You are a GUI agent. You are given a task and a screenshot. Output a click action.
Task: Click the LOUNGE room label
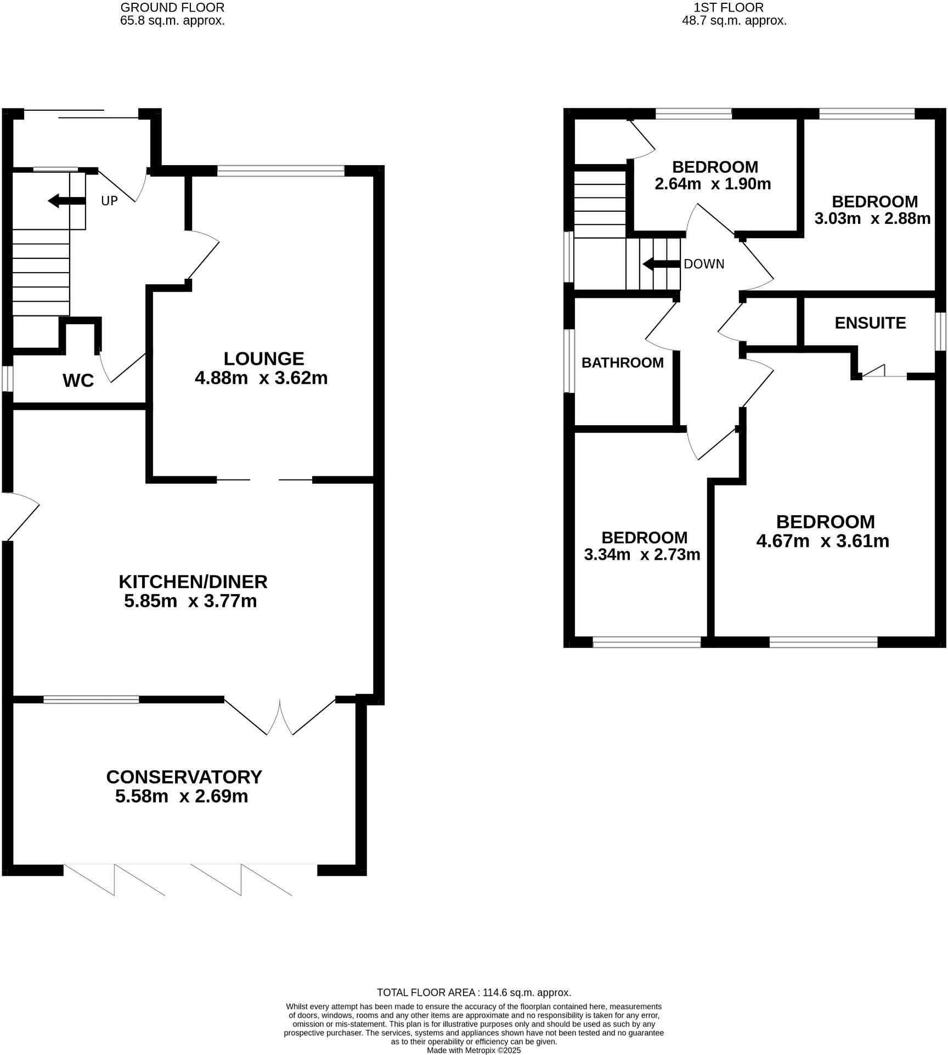click(263, 359)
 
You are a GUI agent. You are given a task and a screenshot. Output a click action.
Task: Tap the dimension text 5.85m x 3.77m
click(190, 601)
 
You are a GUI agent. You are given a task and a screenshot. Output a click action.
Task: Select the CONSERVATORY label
click(184, 777)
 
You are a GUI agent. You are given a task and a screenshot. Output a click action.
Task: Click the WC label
click(78, 381)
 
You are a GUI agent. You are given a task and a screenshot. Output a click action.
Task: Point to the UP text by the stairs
click(109, 201)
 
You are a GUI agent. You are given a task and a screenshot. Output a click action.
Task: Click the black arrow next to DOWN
click(661, 264)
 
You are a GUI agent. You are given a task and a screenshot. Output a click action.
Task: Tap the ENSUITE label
click(870, 323)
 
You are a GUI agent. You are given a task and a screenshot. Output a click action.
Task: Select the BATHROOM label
click(622, 363)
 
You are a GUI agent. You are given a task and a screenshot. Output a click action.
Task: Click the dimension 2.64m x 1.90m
click(713, 184)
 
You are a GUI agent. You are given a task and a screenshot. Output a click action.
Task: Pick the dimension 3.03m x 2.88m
click(872, 219)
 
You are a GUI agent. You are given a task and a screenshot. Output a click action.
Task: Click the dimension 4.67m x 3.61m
click(822, 541)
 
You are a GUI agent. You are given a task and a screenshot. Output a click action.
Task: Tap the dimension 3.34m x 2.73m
click(642, 555)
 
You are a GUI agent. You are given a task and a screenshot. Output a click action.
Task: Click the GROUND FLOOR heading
click(172, 7)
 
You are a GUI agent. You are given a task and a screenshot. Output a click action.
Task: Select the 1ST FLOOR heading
click(729, 7)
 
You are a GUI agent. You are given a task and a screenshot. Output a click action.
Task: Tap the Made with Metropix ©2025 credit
click(474, 1050)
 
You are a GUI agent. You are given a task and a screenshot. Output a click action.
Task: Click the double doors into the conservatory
click(280, 717)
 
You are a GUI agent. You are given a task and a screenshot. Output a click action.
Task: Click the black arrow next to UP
click(66, 201)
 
